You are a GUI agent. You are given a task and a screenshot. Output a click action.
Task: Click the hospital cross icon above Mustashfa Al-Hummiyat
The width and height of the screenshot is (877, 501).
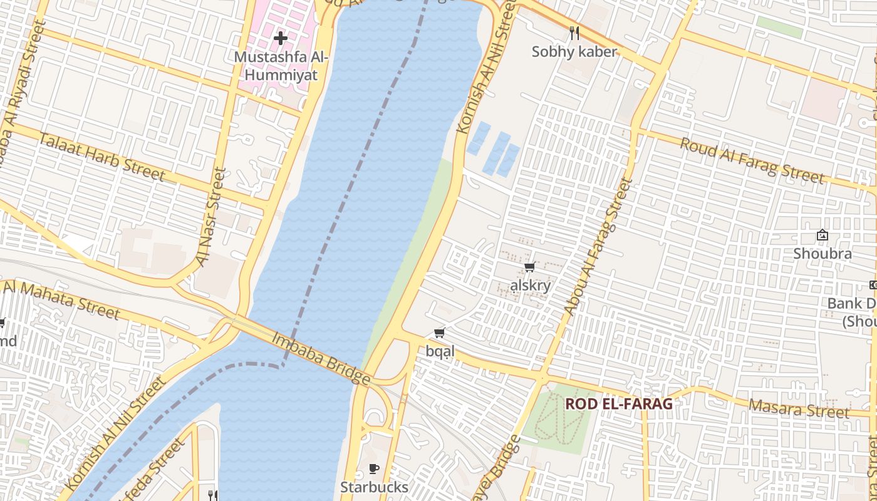[x=280, y=38]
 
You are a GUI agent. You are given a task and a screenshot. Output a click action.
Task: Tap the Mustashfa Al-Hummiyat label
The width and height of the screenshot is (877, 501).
[x=280, y=66]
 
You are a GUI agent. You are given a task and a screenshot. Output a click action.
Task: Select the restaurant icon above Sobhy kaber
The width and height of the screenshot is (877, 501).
[x=574, y=33]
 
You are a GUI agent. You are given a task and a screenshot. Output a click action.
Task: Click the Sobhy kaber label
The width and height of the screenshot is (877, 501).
[x=574, y=52]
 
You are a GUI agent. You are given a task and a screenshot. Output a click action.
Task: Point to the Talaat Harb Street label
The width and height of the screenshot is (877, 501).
[x=102, y=157]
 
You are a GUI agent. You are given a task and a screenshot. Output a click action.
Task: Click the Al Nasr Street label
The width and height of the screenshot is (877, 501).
[x=210, y=217]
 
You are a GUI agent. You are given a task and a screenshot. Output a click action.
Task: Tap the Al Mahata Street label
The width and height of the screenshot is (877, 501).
[x=61, y=299]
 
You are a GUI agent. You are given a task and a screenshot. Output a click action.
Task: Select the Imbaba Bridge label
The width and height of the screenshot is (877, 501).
[x=321, y=358]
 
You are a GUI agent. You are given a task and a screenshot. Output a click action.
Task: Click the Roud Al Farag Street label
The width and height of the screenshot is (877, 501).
[x=752, y=161]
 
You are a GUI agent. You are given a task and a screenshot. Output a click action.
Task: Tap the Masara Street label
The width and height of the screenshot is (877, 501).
[x=799, y=409]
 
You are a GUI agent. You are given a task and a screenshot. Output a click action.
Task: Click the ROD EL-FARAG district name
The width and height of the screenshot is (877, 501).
[x=618, y=404]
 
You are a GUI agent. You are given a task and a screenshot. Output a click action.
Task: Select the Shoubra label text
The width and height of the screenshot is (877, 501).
[x=822, y=254]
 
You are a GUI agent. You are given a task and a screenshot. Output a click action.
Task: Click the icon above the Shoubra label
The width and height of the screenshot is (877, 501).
[x=822, y=235]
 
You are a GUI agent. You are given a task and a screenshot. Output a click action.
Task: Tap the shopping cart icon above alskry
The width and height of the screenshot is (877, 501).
[x=529, y=267]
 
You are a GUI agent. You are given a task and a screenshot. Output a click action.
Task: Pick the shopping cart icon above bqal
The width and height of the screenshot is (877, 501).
[x=439, y=333]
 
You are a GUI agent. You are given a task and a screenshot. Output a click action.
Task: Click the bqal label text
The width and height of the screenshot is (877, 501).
[x=440, y=351]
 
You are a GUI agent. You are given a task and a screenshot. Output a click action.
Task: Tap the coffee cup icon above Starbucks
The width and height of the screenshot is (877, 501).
[x=374, y=468]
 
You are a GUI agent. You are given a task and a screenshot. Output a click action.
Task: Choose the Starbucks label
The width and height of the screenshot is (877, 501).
[x=374, y=487]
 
